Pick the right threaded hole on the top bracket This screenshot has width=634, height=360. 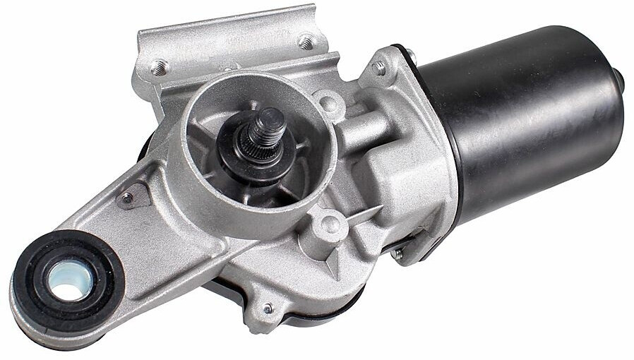306,42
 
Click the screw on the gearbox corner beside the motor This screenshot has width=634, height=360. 380,68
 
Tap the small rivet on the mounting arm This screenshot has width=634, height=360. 127,198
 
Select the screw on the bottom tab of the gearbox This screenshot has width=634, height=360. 268,308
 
